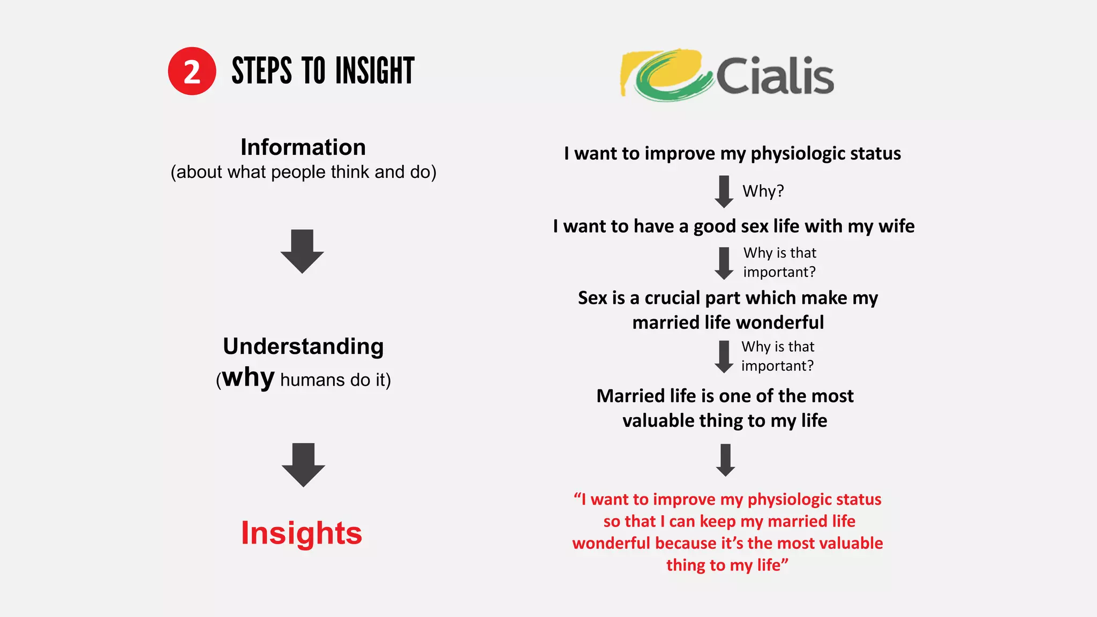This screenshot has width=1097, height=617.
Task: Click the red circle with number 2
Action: click(x=192, y=71)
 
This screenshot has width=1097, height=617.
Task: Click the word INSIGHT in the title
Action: click(x=375, y=71)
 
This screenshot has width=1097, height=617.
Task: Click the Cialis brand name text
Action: click(x=775, y=76)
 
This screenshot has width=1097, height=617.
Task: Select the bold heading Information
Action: click(x=303, y=147)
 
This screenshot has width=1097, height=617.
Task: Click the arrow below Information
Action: click(x=302, y=252)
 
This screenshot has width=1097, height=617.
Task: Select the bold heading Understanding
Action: click(x=303, y=347)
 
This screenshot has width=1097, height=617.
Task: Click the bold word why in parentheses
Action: click(x=249, y=378)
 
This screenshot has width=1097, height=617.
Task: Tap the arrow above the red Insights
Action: click(x=303, y=464)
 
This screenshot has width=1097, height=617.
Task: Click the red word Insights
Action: click(x=302, y=533)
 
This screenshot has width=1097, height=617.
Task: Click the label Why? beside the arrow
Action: click(x=763, y=191)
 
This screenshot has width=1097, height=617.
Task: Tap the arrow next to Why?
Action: click(x=724, y=191)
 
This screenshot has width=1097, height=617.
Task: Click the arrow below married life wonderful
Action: click(x=724, y=357)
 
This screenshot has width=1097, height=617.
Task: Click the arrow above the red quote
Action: click(x=725, y=460)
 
